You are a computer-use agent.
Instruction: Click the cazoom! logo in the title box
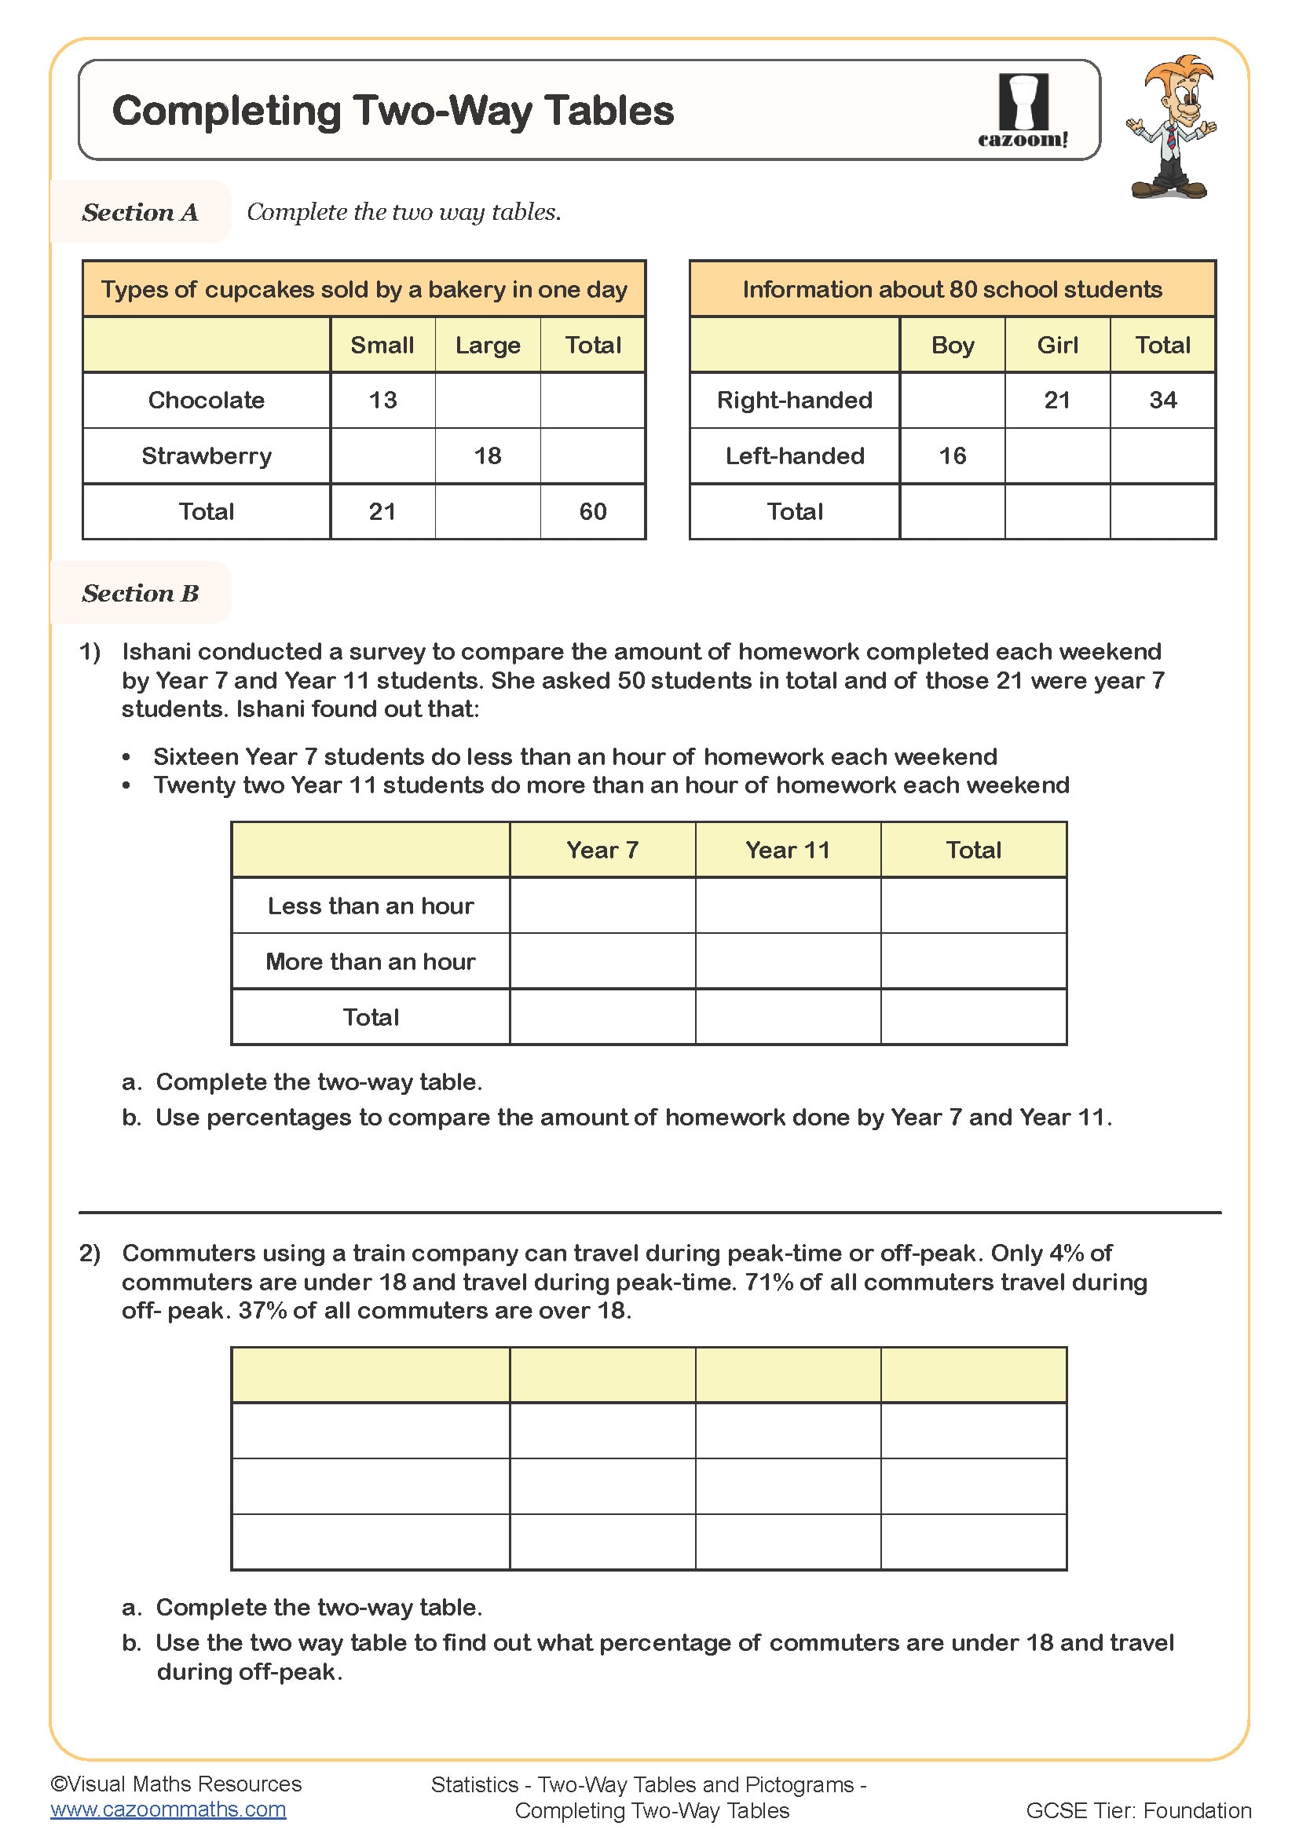pyautogui.click(x=1023, y=111)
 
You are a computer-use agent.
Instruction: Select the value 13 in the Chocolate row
pyautogui.click(x=382, y=400)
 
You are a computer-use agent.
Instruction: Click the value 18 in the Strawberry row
pyautogui.click(x=487, y=456)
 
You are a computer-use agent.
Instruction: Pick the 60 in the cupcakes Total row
pyautogui.click(x=592, y=512)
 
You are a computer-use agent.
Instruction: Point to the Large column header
pyautogui.click(x=487, y=346)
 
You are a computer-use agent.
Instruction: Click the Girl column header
pyautogui.click(x=1056, y=346)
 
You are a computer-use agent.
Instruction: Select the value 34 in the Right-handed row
pyautogui.click(x=1162, y=400)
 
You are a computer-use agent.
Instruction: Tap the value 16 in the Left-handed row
pyautogui.click(x=952, y=456)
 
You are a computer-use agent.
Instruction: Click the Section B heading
pyautogui.click(x=140, y=593)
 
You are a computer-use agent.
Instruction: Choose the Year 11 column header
pyautogui.click(x=787, y=850)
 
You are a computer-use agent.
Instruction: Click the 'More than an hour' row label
pyautogui.click(x=371, y=961)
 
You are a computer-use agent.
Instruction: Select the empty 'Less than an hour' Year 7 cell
pyautogui.click(x=602, y=906)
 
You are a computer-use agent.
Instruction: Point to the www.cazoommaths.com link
pyautogui.click(x=168, y=1809)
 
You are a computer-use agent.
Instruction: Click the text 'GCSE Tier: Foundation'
pyautogui.click(x=1137, y=1810)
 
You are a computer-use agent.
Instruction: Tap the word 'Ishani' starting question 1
pyautogui.click(x=157, y=652)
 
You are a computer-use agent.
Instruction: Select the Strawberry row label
pyautogui.click(x=207, y=456)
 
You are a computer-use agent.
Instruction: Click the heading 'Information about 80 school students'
pyautogui.click(x=952, y=290)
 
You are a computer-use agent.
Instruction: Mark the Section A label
pyautogui.click(x=140, y=212)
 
